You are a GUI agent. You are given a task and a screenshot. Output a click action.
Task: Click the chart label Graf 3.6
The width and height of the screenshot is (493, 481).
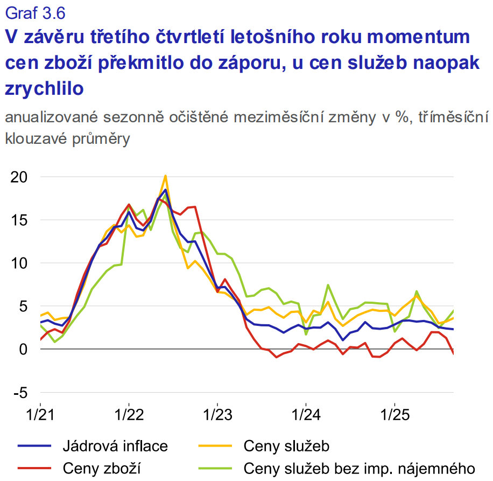click(x=36, y=11)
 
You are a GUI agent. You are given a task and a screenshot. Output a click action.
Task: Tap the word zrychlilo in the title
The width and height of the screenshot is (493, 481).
click(x=44, y=88)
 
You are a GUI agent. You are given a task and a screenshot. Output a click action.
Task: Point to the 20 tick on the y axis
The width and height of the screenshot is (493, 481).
click(x=19, y=177)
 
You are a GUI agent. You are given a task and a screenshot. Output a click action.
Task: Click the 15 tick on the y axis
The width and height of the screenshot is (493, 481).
click(x=19, y=220)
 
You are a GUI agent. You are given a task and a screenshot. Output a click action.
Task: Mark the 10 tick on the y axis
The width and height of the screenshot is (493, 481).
click(x=19, y=263)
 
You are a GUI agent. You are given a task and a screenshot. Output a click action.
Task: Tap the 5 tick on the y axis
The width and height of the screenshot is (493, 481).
click(x=24, y=306)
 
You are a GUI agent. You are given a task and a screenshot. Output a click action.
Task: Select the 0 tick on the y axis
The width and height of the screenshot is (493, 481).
click(x=24, y=349)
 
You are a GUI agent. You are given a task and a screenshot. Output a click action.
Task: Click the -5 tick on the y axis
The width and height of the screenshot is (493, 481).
click(x=20, y=392)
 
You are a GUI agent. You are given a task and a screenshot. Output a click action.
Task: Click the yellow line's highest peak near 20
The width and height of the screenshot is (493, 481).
click(x=165, y=176)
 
